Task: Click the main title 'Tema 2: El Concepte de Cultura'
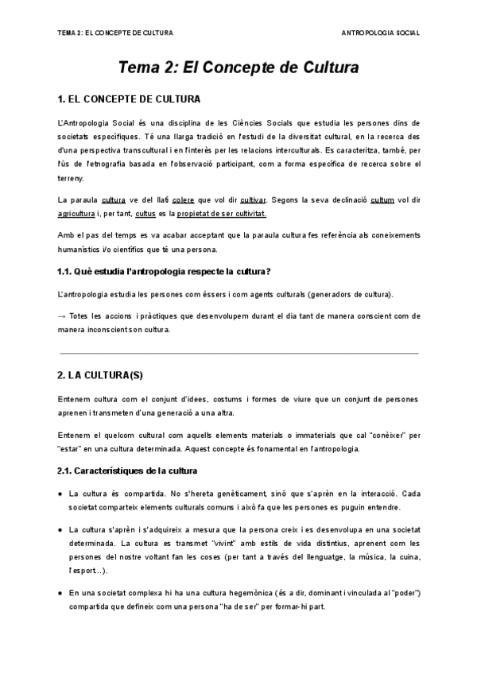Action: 238,68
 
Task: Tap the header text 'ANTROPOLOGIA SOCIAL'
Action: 380,33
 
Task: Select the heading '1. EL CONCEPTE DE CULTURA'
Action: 130,99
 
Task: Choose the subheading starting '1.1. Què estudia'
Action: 165,272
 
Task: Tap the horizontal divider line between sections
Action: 238,352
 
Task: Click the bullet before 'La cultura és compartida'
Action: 61,494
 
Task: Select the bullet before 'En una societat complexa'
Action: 61,594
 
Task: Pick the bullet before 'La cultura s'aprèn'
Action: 61,530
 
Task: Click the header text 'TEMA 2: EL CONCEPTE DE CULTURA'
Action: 116,33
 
